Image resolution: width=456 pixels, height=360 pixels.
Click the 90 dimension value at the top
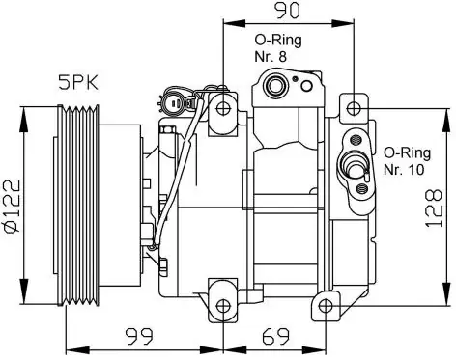pos(287,11)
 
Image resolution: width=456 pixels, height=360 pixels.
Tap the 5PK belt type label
pos(78,83)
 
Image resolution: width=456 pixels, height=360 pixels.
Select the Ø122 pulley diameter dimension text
pos(13,206)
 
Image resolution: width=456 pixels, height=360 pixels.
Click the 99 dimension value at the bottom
pos(139,336)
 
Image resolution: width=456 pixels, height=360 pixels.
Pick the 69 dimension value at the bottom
pos(276,336)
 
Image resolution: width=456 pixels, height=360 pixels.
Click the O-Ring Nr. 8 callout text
pos(278,48)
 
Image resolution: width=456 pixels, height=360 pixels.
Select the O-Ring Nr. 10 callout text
pos(407,161)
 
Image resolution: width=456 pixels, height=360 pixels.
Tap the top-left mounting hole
pos(223,108)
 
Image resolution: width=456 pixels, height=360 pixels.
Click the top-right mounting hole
pos(354,108)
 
